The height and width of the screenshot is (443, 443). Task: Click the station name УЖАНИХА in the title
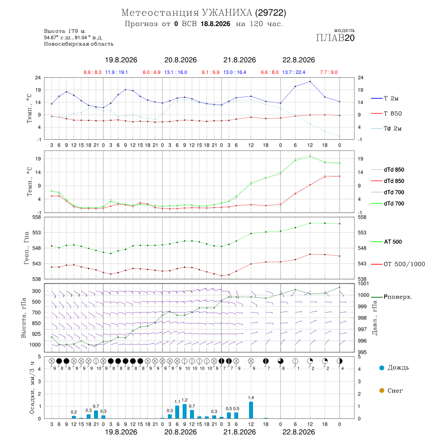click(x=226, y=13)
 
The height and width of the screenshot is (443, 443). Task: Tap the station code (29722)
click(x=270, y=13)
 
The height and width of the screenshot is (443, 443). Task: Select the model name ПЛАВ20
click(x=335, y=38)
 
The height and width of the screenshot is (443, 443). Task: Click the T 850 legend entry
click(x=386, y=114)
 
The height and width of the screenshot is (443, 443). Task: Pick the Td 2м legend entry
click(x=386, y=128)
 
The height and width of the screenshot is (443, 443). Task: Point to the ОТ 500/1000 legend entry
click(x=398, y=264)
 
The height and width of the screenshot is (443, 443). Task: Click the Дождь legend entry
click(x=394, y=368)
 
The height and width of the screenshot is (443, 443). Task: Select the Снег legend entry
click(x=391, y=390)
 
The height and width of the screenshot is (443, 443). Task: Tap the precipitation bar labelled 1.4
click(x=251, y=410)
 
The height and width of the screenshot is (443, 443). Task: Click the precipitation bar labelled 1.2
click(x=185, y=411)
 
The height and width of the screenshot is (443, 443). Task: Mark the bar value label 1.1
click(x=177, y=402)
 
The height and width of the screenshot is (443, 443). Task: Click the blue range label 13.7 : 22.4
click(x=294, y=72)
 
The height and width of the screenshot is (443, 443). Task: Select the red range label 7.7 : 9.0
click(x=329, y=72)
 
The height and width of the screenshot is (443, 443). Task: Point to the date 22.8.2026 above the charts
click(x=299, y=60)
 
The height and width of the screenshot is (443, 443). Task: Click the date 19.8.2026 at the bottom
click(x=121, y=432)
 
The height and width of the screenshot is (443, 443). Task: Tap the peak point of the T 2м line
click(x=310, y=82)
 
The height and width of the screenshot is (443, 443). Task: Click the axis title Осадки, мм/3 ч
click(x=32, y=388)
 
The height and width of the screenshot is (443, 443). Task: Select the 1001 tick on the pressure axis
click(x=363, y=284)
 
